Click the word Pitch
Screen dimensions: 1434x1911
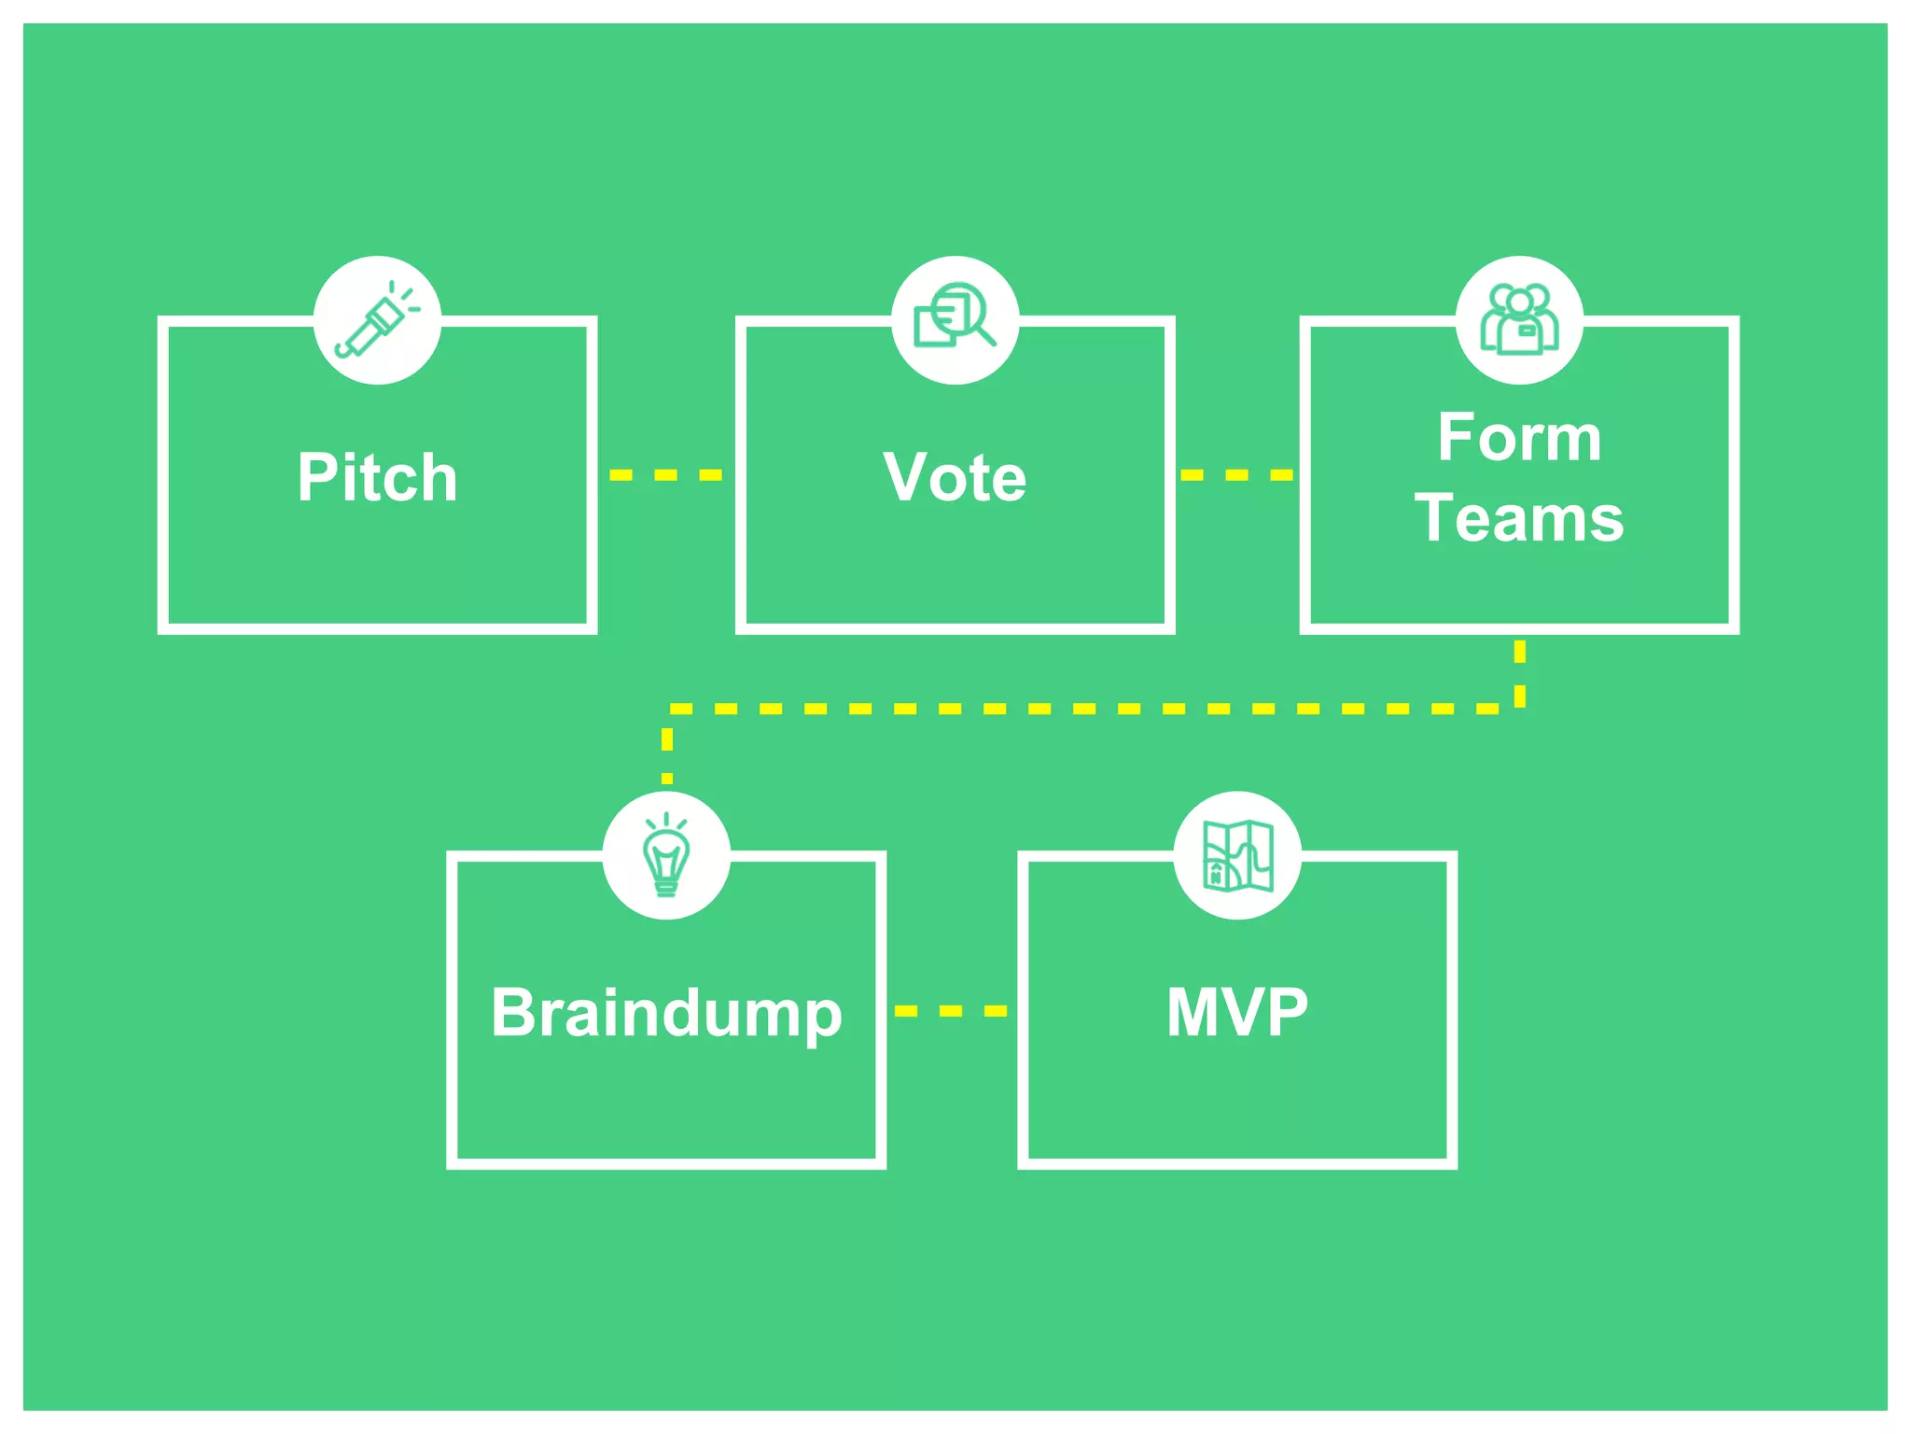pos(377,477)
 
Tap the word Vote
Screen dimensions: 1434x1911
pos(955,477)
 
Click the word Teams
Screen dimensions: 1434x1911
pos(1519,518)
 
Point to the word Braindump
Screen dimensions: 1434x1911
pos(666,1013)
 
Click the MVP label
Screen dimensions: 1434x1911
pos(1237,1012)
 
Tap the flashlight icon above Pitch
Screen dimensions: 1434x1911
pos(377,320)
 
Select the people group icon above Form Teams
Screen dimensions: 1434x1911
pos(1519,320)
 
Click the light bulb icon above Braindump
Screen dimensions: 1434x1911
pos(666,855)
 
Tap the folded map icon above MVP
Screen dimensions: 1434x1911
pos(1237,855)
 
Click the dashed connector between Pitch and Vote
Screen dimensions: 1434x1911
pos(665,475)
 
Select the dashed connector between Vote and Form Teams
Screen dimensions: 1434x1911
pos(1236,475)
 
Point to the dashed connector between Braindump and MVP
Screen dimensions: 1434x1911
pos(951,1011)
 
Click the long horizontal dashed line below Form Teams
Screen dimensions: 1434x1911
pos(1082,710)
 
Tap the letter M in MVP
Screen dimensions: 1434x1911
pos(1194,1012)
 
